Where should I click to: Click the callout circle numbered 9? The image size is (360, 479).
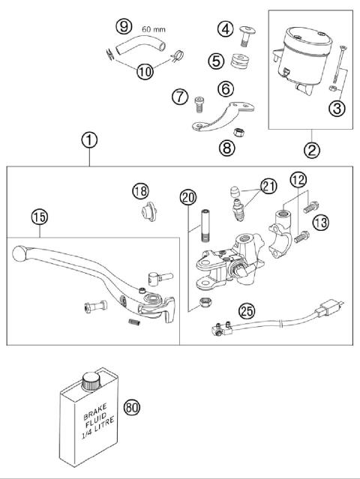click(x=123, y=27)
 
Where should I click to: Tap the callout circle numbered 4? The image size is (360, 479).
click(x=225, y=29)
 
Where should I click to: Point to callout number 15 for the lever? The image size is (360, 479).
click(x=39, y=217)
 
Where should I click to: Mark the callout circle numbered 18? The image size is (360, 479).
click(x=141, y=191)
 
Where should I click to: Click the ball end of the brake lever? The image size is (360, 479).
click(x=18, y=256)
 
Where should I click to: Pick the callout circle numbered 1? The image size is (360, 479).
click(x=89, y=140)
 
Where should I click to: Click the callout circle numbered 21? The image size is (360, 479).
click(x=268, y=187)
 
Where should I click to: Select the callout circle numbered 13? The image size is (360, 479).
click(x=320, y=222)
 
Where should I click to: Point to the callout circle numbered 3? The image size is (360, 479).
click(x=337, y=109)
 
